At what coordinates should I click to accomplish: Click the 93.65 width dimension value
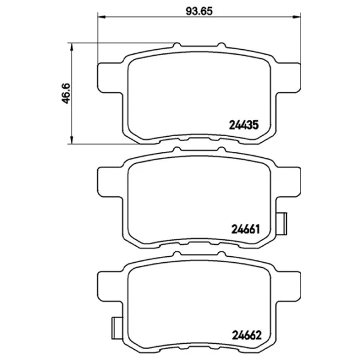click(x=199, y=11)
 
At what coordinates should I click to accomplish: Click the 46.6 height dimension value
click(x=66, y=94)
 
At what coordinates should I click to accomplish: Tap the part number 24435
click(x=244, y=125)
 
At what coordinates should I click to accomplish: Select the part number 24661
click(x=245, y=229)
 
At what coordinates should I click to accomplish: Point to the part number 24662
click(x=247, y=335)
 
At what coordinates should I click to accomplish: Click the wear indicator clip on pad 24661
click(x=282, y=224)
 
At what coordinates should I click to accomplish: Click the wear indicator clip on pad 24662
click(x=117, y=328)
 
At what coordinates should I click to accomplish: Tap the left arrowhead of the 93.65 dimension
click(x=101, y=17)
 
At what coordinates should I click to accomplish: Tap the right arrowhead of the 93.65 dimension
click(x=297, y=17)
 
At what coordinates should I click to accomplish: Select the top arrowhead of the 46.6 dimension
click(x=71, y=47)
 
